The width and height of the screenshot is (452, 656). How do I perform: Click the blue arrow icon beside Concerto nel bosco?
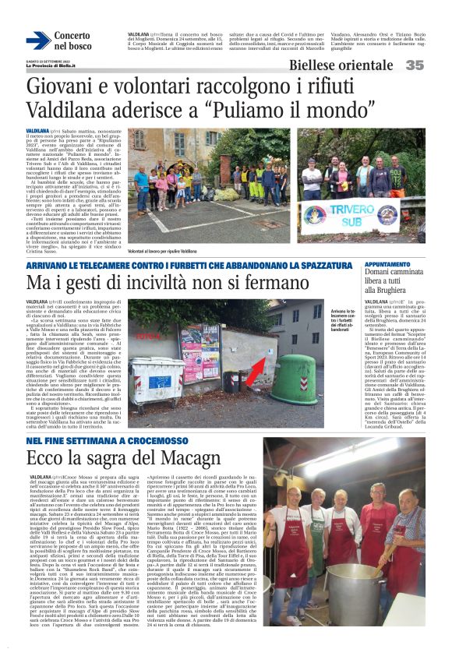[x=37, y=41]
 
